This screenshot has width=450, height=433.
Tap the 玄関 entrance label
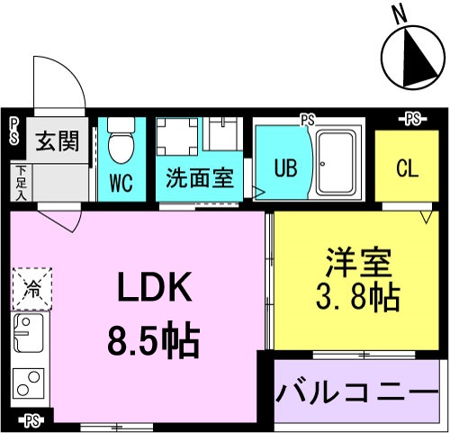pos(58,140)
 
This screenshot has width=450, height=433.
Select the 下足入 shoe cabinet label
pos(21,183)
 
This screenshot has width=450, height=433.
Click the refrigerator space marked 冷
pos(32,289)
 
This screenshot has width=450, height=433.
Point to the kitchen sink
pos(29,332)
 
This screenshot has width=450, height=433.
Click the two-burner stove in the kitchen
pos(29,383)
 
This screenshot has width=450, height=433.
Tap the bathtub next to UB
pos(336,164)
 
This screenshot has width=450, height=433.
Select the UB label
pos(286,168)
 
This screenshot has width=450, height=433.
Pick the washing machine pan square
pos(177,137)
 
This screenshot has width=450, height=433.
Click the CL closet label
pos(407,167)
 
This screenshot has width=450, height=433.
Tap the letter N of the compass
pos(400,15)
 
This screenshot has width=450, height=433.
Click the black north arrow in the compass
pos(417,60)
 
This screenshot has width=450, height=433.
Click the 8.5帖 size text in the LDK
pos(153,339)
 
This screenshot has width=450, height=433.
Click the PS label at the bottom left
pos(32,422)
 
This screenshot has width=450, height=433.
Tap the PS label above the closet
pos(413,120)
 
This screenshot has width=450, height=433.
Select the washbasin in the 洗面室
pos(223,133)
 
